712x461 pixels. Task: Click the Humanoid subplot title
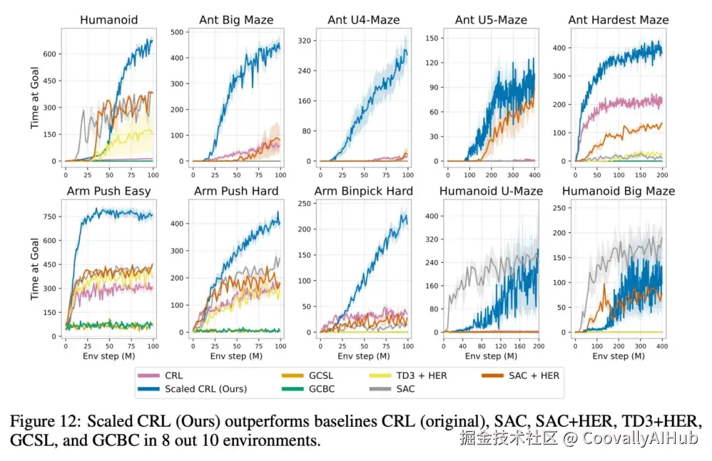109,20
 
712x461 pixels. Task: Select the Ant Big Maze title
237,20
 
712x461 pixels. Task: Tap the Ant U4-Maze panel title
364,20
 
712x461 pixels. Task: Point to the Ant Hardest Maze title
618,20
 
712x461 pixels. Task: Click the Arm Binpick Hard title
364,191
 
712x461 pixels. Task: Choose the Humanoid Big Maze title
618,191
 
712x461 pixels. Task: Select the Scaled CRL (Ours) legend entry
205,389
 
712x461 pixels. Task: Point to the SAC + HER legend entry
532,375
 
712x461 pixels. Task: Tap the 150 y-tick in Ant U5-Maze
433,38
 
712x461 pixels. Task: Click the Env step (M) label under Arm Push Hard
237,356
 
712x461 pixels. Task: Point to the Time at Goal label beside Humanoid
35,99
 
